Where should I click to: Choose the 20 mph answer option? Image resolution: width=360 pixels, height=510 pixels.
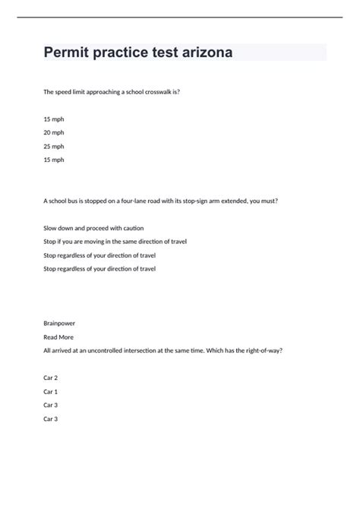click(54, 132)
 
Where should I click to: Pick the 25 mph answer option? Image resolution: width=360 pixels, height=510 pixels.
click(54, 146)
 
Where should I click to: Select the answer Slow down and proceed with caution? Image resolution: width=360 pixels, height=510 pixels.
click(93, 228)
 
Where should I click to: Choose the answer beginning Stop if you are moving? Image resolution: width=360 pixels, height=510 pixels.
click(115, 242)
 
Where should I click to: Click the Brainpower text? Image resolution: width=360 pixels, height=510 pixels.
click(59, 323)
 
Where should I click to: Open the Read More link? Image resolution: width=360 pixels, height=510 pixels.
click(58, 337)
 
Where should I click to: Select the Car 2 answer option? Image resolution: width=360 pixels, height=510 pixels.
click(51, 378)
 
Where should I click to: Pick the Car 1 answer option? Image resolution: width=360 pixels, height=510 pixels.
click(51, 391)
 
